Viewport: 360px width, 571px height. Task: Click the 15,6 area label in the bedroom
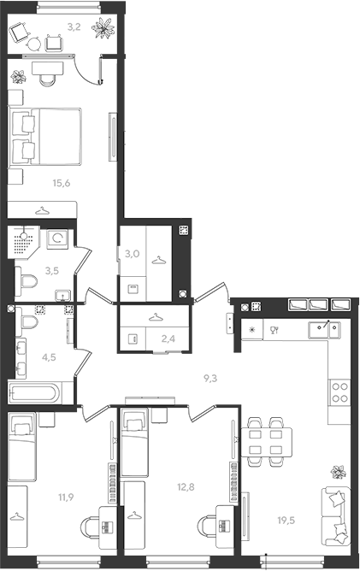[62, 183]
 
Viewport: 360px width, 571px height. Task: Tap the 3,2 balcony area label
[74, 26]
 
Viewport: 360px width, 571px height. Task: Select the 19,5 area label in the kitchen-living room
[286, 521]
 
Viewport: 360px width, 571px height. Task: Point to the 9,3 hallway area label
[210, 379]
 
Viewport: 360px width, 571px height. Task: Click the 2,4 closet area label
[168, 339]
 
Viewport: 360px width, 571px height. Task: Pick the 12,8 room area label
[186, 487]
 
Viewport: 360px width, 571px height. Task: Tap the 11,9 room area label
[66, 497]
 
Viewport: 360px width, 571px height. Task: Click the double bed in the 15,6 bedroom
[44, 137]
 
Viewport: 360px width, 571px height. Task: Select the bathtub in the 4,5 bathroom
[35, 393]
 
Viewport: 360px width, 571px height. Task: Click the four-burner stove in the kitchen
[339, 392]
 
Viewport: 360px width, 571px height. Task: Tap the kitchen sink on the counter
[324, 330]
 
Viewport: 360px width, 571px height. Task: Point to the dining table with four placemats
[267, 443]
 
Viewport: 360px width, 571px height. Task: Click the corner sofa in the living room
[336, 517]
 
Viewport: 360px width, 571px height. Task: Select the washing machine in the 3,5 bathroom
[57, 238]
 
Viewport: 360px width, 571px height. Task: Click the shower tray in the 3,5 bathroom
[24, 242]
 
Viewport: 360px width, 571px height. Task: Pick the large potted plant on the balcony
[103, 28]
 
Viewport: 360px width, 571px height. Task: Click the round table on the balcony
[34, 44]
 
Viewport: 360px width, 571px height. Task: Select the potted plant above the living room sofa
[338, 472]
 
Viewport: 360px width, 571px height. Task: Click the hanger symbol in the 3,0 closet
[159, 261]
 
